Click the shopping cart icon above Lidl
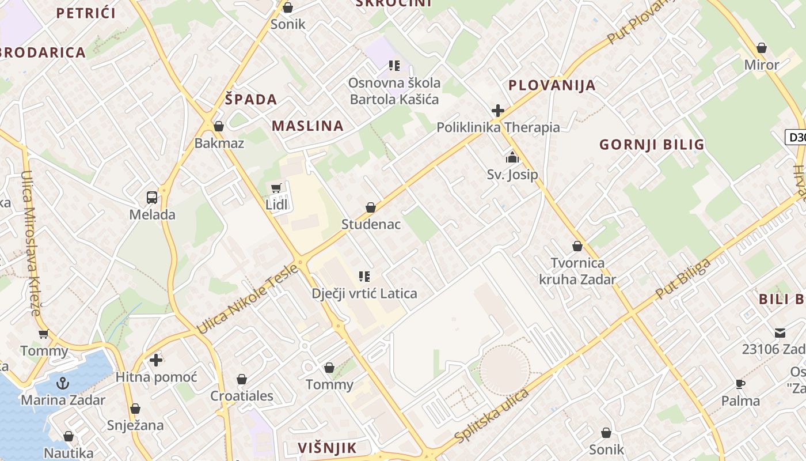point(276,188)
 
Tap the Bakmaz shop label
point(219,143)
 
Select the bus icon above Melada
point(152,198)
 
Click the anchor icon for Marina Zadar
point(62,383)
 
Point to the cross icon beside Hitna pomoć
point(155,360)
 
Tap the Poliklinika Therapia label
point(498,127)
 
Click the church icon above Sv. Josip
point(512,157)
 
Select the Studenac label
point(371,224)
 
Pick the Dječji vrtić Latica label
point(364,293)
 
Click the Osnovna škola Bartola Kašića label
point(394,91)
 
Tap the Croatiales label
point(242,396)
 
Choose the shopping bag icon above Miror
point(762,48)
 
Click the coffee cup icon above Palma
point(740,384)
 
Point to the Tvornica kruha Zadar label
point(577,271)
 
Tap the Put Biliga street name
point(683,279)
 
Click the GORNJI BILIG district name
point(652,144)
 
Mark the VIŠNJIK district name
point(328,448)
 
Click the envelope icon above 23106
point(780,332)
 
